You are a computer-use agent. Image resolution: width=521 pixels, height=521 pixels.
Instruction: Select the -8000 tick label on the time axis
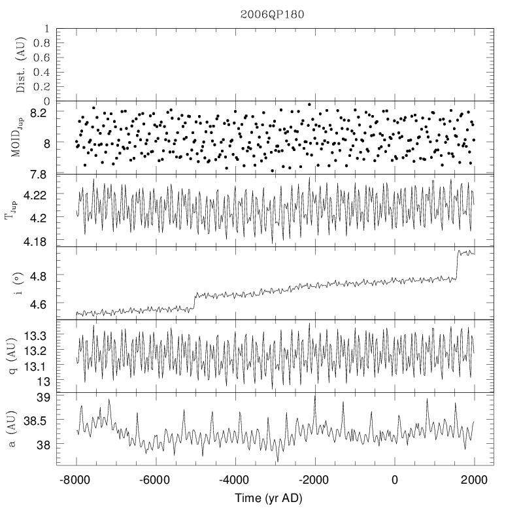click(x=76, y=479)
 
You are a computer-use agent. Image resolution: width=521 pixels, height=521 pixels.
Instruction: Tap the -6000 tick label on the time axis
click(x=156, y=479)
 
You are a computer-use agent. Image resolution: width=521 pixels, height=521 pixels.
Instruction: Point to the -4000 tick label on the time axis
click(x=235, y=479)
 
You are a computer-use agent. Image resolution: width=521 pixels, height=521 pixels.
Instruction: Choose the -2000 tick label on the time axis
click(x=314, y=479)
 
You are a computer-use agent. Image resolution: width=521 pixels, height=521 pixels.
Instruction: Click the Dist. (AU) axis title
click(x=20, y=65)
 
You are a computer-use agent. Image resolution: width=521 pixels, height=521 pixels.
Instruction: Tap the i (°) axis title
click(x=20, y=283)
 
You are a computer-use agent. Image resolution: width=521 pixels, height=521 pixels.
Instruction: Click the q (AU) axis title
click(x=20, y=356)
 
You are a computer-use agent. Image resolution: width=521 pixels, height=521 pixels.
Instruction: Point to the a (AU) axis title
click(x=20, y=429)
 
